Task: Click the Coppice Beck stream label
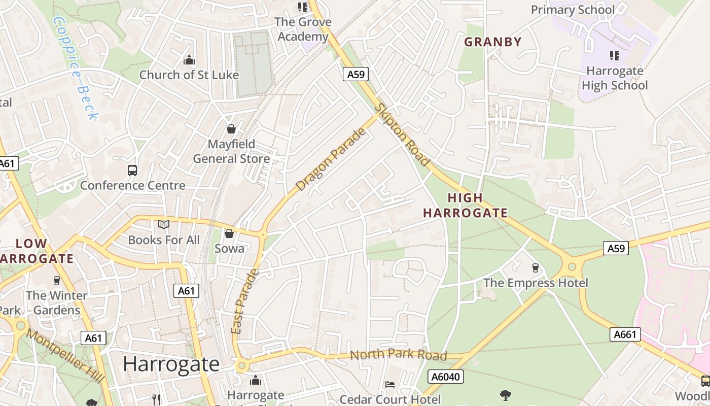point(75,69)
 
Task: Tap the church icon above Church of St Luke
point(189,60)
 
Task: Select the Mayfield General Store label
point(231,151)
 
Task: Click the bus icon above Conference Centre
point(132,171)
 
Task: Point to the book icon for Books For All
point(163,225)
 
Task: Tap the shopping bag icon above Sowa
point(229,233)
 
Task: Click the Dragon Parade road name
point(331,159)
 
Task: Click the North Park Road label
point(399,355)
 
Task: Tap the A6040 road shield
point(446,377)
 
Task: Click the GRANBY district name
point(493,42)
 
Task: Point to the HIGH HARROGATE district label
point(466,206)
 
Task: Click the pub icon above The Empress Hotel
point(535,268)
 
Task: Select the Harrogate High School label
point(615,78)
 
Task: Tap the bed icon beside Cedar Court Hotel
point(390,384)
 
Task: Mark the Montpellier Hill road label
point(65,356)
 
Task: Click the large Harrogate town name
point(171,364)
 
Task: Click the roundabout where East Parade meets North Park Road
point(241,365)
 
